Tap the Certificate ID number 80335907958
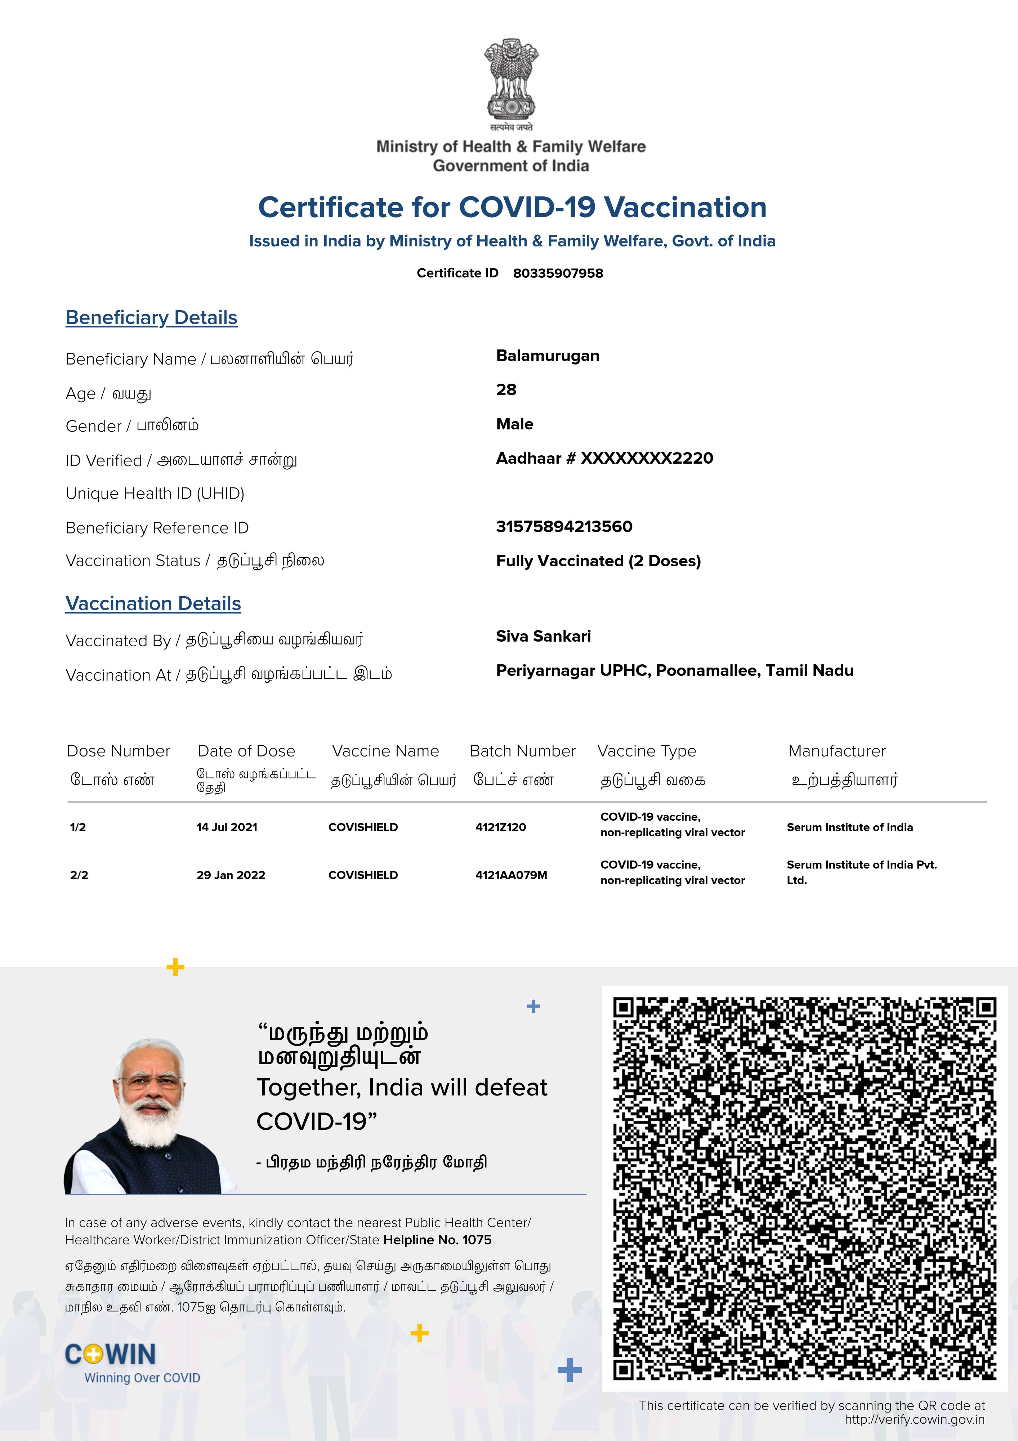coord(558,273)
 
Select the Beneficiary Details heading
coord(151,318)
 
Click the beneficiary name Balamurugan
coord(547,356)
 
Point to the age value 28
coord(506,390)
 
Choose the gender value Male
coord(515,424)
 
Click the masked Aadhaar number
coord(604,458)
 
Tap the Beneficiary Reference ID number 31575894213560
coord(564,527)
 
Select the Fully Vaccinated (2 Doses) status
coord(598,561)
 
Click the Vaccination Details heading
coord(153,604)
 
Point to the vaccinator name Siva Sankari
coord(543,637)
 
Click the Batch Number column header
coord(522,751)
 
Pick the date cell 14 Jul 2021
coord(227,827)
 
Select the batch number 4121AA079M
coord(511,875)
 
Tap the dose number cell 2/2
coord(79,875)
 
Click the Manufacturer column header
coord(836,751)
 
